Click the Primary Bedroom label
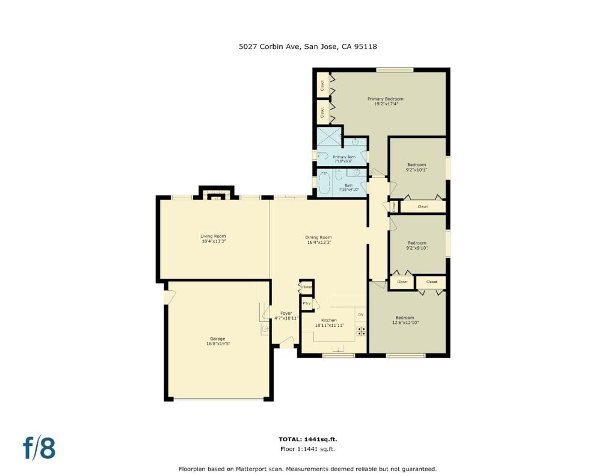pyautogui.click(x=385, y=99)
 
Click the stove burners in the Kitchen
pyautogui.click(x=362, y=330)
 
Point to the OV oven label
pyautogui.click(x=361, y=315)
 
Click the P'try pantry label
pyautogui.click(x=306, y=304)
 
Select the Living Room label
pyautogui.click(x=213, y=236)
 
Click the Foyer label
pyautogui.click(x=286, y=314)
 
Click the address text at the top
pyautogui.click(x=307, y=46)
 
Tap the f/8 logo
pyautogui.click(x=39, y=448)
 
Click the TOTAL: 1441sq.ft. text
pyautogui.click(x=307, y=439)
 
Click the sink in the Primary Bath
pyautogui.click(x=356, y=143)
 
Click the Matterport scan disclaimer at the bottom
pyautogui.click(x=307, y=469)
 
